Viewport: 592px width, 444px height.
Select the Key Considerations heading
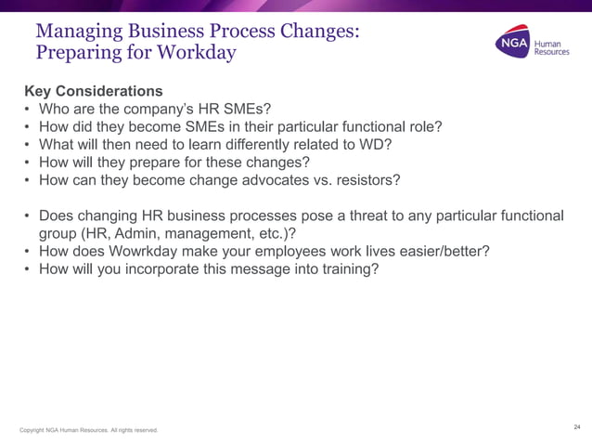[x=94, y=92]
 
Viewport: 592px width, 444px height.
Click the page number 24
[x=576, y=427]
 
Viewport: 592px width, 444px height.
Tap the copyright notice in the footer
[x=89, y=430]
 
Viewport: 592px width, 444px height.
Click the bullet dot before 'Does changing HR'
[x=28, y=215]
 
